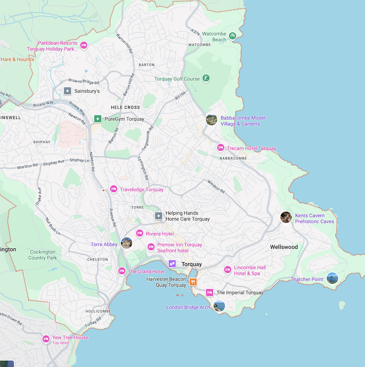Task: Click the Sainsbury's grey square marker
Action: point(67,91)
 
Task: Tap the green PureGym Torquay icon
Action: point(97,119)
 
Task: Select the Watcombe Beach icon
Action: point(232,36)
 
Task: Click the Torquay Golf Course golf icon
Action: point(207,78)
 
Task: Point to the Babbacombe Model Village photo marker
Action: point(212,120)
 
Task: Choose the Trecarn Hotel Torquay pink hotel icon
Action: point(220,148)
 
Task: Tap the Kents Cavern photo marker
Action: point(286,217)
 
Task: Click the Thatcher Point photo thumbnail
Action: point(332,278)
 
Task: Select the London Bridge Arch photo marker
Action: point(219,306)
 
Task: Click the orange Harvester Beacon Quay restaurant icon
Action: point(193,282)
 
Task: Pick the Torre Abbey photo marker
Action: point(126,243)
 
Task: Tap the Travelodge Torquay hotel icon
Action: point(114,189)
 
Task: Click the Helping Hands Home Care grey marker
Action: point(158,216)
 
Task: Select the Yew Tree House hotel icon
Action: point(46,339)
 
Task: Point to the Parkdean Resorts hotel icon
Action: point(84,45)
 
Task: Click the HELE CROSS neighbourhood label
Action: point(125,107)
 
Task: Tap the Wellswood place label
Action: point(284,247)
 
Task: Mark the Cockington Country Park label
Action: point(43,255)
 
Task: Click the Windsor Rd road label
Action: point(216,187)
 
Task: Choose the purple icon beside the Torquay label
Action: point(172,264)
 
